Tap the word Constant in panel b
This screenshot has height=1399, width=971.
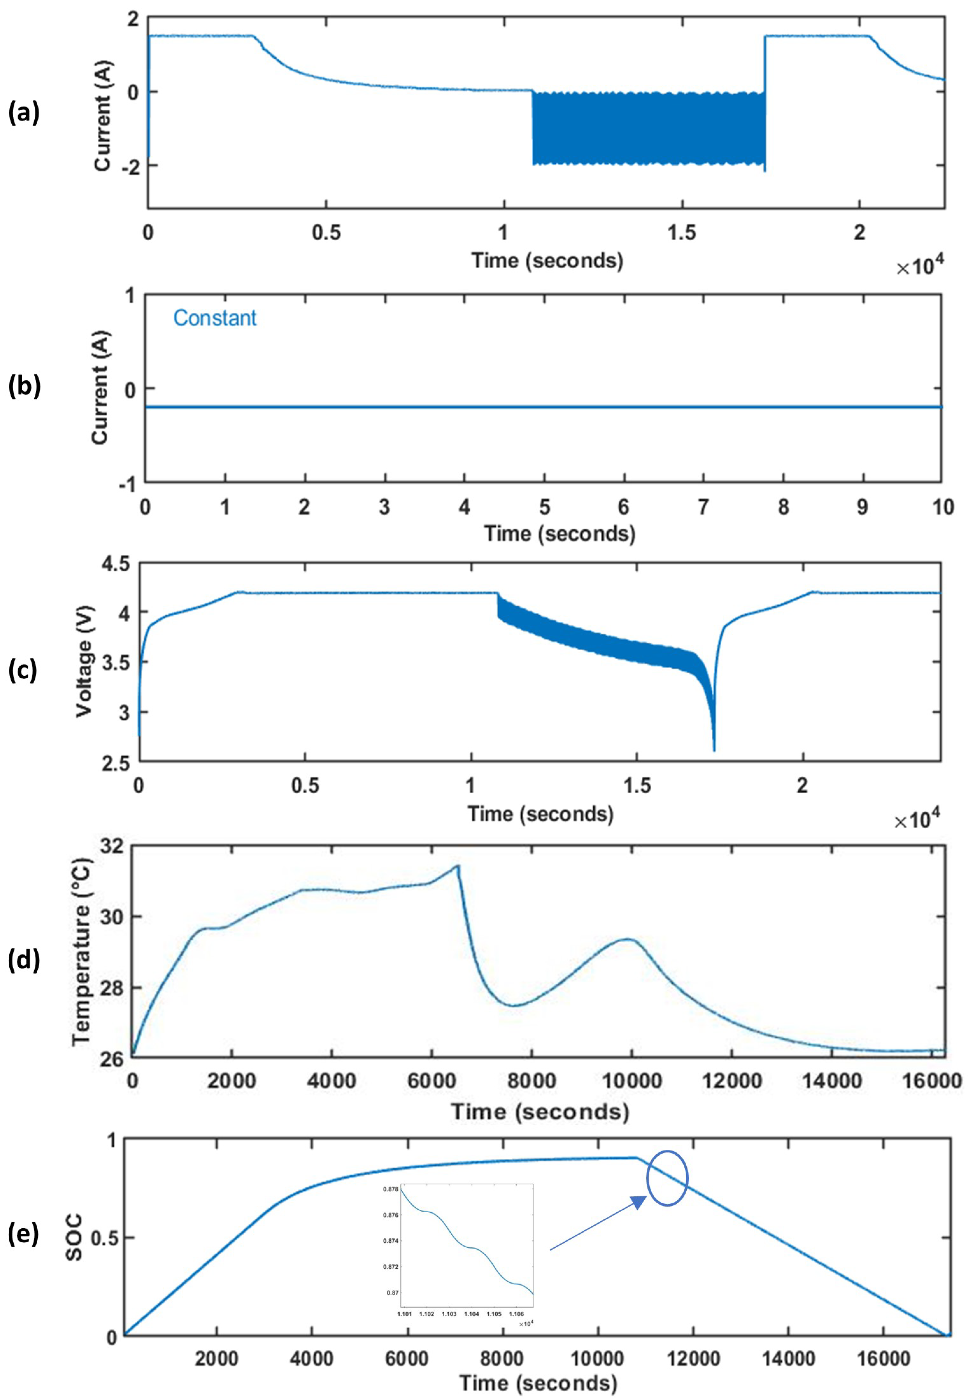tap(215, 318)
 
